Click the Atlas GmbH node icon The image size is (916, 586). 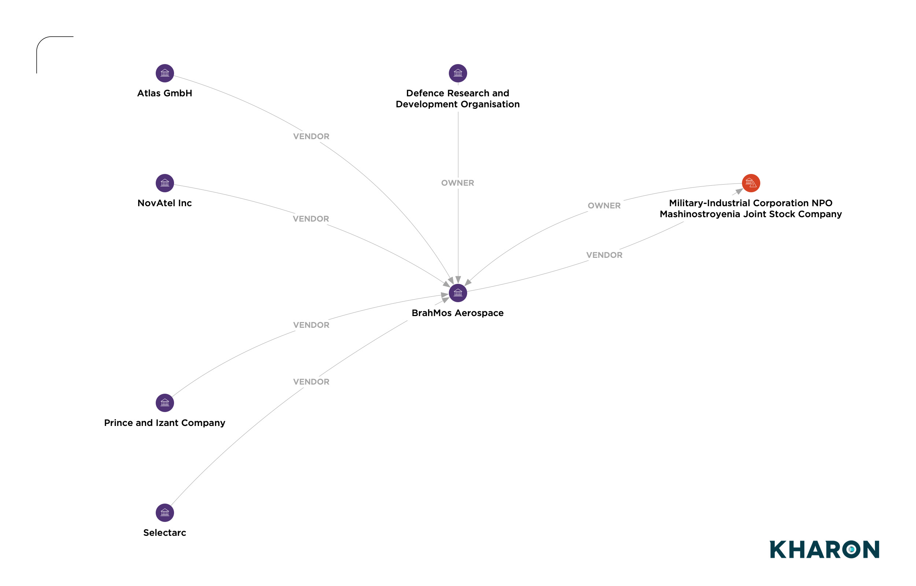(x=165, y=73)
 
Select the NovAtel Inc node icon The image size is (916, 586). (x=165, y=183)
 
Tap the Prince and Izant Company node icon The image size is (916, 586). (x=165, y=403)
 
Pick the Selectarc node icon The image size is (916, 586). (x=165, y=512)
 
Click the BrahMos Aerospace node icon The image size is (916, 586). (x=458, y=293)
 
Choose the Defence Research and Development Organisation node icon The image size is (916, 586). (x=458, y=73)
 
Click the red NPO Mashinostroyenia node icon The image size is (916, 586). (x=751, y=183)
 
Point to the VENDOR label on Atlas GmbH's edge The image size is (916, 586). (x=311, y=136)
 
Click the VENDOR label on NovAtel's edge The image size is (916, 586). (x=311, y=219)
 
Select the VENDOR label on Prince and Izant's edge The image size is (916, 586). (x=311, y=325)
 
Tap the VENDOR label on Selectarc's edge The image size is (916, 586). (x=311, y=382)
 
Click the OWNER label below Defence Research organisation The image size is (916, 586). (x=457, y=183)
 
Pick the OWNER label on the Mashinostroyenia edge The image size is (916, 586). (x=604, y=205)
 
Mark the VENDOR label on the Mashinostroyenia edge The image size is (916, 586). (x=604, y=255)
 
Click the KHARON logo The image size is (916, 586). (x=824, y=549)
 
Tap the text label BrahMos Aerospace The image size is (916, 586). (x=457, y=313)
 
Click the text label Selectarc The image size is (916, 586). (x=165, y=533)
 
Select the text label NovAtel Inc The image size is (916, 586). (x=165, y=203)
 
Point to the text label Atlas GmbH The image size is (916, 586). (x=165, y=93)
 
